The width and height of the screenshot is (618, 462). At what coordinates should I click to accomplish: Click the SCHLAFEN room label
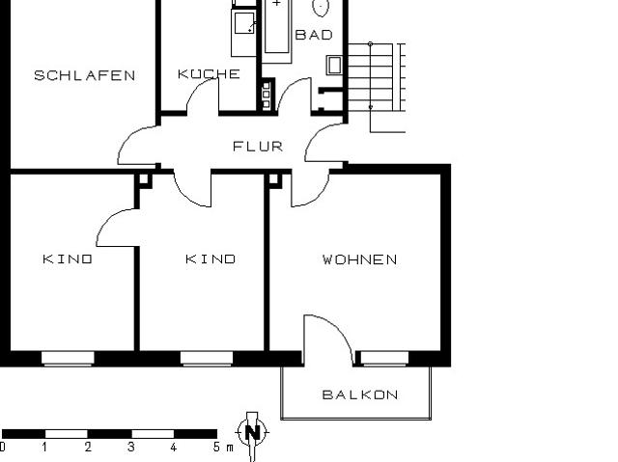pyautogui.click(x=84, y=75)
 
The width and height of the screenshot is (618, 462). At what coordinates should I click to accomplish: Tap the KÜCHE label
pyautogui.click(x=209, y=74)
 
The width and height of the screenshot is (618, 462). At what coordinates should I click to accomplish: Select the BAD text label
pyautogui.click(x=313, y=35)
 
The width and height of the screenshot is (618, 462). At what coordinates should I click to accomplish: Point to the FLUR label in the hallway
pyautogui.click(x=258, y=147)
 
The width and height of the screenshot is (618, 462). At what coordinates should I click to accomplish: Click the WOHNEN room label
pyautogui.click(x=359, y=259)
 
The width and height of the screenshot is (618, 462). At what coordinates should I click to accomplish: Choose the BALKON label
pyautogui.click(x=359, y=394)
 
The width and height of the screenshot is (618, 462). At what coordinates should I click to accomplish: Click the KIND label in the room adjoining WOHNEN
pyautogui.click(x=211, y=259)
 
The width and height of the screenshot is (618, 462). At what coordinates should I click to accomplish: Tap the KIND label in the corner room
pyautogui.click(x=68, y=259)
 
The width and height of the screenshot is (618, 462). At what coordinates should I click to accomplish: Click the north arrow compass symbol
pyautogui.click(x=252, y=432)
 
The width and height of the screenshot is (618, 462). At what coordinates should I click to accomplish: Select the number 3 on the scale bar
pyautogui.click(x=130, y=448)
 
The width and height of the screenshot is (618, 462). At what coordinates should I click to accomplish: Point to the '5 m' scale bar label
pyautogui.click(x=222, y=448)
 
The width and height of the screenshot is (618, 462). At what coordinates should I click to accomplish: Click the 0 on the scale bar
pyautogui.click(x=3, y=448)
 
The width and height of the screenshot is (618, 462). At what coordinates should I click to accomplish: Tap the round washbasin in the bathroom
pyautogui.click(x=322, y=7)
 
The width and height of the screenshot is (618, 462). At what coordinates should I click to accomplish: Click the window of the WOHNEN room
pyautogui.click(x=383, y=359)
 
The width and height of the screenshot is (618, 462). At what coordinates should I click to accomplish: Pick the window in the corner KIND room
pyautogui.click(x=68, y=359)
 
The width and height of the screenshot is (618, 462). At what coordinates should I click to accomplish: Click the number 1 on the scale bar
pyautogui.click(x=45, y=448)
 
